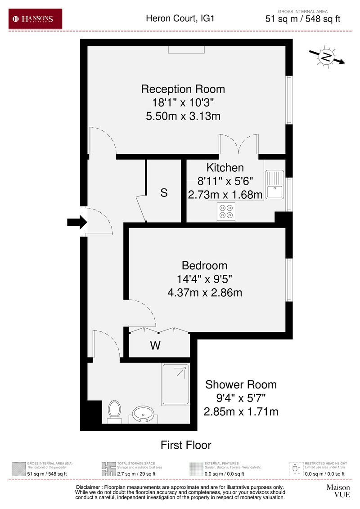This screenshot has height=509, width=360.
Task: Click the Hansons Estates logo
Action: [x=36, y=19]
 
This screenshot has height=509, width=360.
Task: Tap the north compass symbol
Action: [x=326, y=57]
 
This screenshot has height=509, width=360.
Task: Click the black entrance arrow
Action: [x=76, y=222]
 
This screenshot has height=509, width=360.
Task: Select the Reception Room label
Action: [x=183, y=89]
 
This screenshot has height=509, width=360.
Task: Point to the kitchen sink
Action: [x=274, y=185]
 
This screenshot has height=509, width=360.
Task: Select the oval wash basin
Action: [x=144, y=413]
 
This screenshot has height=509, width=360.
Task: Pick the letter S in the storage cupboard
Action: [x=164, y=193]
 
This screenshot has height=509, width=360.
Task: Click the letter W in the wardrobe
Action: [x=155, y=346]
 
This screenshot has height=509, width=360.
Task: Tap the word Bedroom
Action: [x=204, y=265]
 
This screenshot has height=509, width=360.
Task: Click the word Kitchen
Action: [x=225, y=168]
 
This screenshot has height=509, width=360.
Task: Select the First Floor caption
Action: [x=186, y=445]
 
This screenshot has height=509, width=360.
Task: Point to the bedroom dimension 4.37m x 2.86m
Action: [x=205, y=293]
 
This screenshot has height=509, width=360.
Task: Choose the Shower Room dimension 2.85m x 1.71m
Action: [x=241, y=411]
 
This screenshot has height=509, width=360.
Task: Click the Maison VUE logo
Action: [x=337, y=491]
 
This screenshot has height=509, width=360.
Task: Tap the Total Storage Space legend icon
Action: [x=108, y=469]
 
